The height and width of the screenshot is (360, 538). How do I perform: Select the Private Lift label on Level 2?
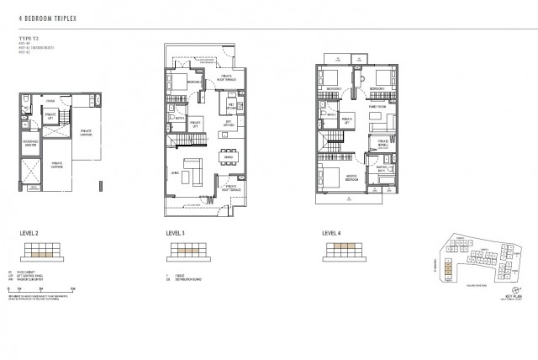pyautogui.click(x=50, y=116)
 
